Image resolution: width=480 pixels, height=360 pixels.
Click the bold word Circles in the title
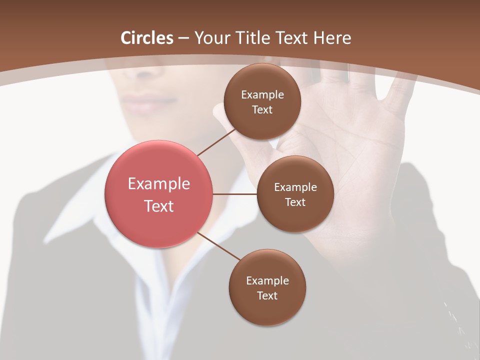(147, 38)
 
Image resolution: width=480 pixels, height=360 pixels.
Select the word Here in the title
(332, 38)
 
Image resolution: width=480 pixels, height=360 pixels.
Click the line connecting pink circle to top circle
(217, 142)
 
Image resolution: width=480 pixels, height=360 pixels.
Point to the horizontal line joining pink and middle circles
(235, 194)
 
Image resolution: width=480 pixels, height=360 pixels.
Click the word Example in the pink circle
(159, 184)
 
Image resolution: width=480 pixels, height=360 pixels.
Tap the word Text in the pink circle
(159, 205)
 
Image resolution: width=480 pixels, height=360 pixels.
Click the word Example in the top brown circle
(262, 95)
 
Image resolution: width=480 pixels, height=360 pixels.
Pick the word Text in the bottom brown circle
(267, 295)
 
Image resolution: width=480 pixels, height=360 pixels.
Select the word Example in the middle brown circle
(295, 187)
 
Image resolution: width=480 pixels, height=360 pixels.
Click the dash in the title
(183, 38)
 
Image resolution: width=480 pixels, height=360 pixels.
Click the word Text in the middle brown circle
(295, 202)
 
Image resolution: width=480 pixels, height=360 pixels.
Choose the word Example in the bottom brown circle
(267, 281)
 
